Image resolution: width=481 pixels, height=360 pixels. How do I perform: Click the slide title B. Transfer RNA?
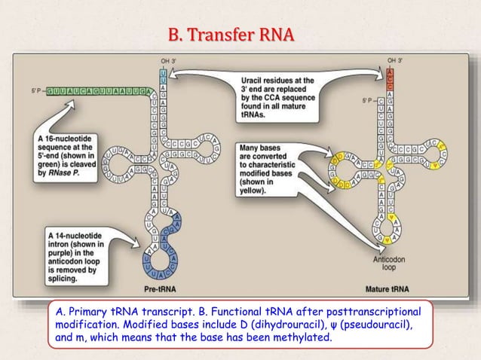(231, 35)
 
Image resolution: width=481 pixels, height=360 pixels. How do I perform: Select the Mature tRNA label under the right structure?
(387, 288)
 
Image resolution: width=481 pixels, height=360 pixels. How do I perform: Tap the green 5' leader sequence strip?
(98, 91)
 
